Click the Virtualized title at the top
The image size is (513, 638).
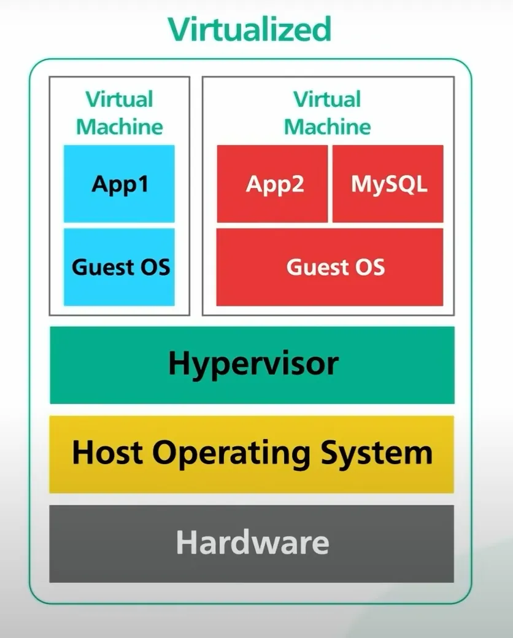coord(250,29)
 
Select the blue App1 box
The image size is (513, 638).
coord(119,184)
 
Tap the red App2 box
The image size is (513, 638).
coord(272,184)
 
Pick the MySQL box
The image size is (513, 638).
coord(388,184)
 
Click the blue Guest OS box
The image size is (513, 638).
coord(119,267)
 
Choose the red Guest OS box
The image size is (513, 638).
coord(330,267)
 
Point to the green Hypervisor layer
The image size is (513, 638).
coord(252,365)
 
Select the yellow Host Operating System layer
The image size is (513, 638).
coord(252,454)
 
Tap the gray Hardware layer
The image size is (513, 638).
coord(252,543)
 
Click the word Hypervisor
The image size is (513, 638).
coord(253,364)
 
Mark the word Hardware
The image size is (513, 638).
coord(252,542)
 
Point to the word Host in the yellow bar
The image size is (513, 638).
coord(107,453)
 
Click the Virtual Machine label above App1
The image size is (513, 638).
coord(120,113)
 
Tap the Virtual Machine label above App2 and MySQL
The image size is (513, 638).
coord(327,113)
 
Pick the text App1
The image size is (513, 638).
coord(120,185)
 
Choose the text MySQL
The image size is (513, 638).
coord(389,185)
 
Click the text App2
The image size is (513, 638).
coord(275,185)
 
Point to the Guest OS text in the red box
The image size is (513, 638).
coord(336,267)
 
